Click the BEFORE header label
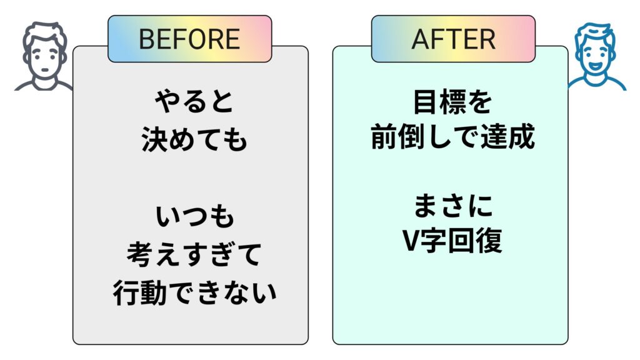pyautogui.click(x=189, y=39)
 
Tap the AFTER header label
pyautogui.click(x=453, y=39)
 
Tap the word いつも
pyautogui.click(x=194, y=217)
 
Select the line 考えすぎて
pyautogui.click(x=194, y=254)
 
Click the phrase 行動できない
pyautogui.click(x=194, y=292)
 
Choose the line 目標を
pyautogui.click(x=452, y=102)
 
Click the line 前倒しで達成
pyautogui.click(x=452, y=138)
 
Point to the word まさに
pyautogui.click(x=452, y=205)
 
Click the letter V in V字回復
pyautogui.click(x=411, y=242)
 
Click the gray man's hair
pyautogui.click(x=42, y=34)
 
